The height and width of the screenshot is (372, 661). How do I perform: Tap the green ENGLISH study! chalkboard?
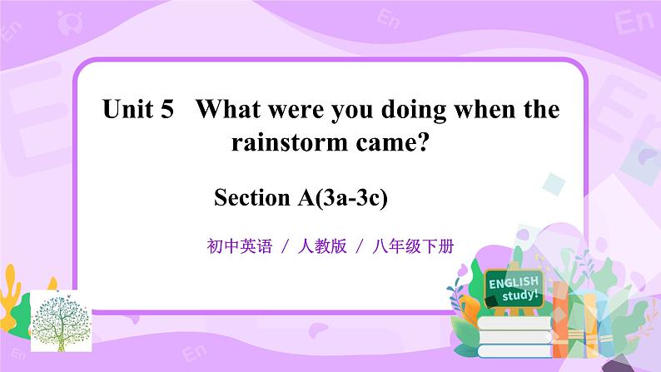coord(514,288)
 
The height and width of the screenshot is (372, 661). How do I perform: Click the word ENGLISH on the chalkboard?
coord(513,283)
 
